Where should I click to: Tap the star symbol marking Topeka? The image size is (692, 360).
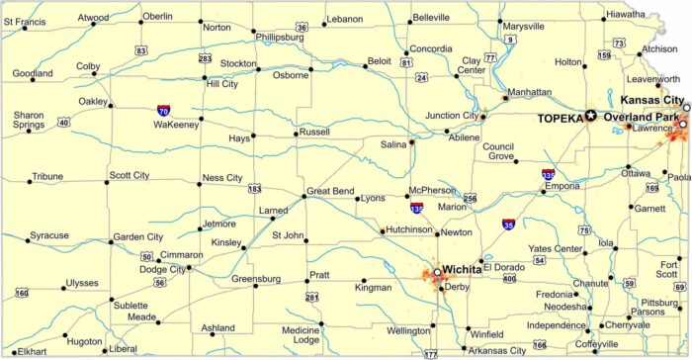[591, 116]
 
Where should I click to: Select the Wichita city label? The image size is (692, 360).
[462, 268]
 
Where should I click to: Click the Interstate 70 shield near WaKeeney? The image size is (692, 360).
[163, 111]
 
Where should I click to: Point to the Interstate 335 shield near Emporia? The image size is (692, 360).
[549, 174]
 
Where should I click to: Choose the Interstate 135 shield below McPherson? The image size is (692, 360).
[417, 209]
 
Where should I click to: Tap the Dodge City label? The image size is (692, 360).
[162, 269]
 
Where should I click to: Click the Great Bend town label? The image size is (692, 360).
[331, 191]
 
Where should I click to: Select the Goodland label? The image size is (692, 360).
[33, 73]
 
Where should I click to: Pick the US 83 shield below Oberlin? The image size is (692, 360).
[141, 49]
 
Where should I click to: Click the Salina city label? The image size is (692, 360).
[393, 144]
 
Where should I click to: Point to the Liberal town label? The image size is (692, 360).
[124, 349]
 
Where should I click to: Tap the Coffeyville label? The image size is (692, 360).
[610, 344]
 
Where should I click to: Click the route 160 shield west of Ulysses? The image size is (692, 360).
[22, 293]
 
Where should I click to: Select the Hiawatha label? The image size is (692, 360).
[626, 15]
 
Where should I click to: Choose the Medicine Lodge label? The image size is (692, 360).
[301, 334]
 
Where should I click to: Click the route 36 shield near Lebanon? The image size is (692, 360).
[302, 28]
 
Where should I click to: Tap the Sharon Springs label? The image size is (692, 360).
[29, 121]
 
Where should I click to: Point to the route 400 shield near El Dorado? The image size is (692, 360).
[509, 279]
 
